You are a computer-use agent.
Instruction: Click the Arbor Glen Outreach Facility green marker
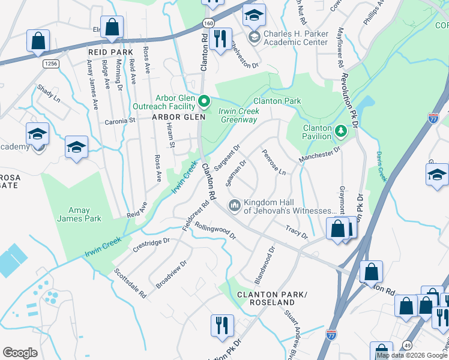pos(203,101)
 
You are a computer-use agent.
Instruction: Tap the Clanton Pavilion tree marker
pos(341,130)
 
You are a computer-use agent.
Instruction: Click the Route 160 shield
pos(208,22)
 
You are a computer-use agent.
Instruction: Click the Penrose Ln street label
pos(273,161)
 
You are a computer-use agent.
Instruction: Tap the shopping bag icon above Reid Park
pos(112,26)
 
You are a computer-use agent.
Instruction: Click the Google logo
pos(20,353)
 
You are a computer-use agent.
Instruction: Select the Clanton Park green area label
pos(277,101)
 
